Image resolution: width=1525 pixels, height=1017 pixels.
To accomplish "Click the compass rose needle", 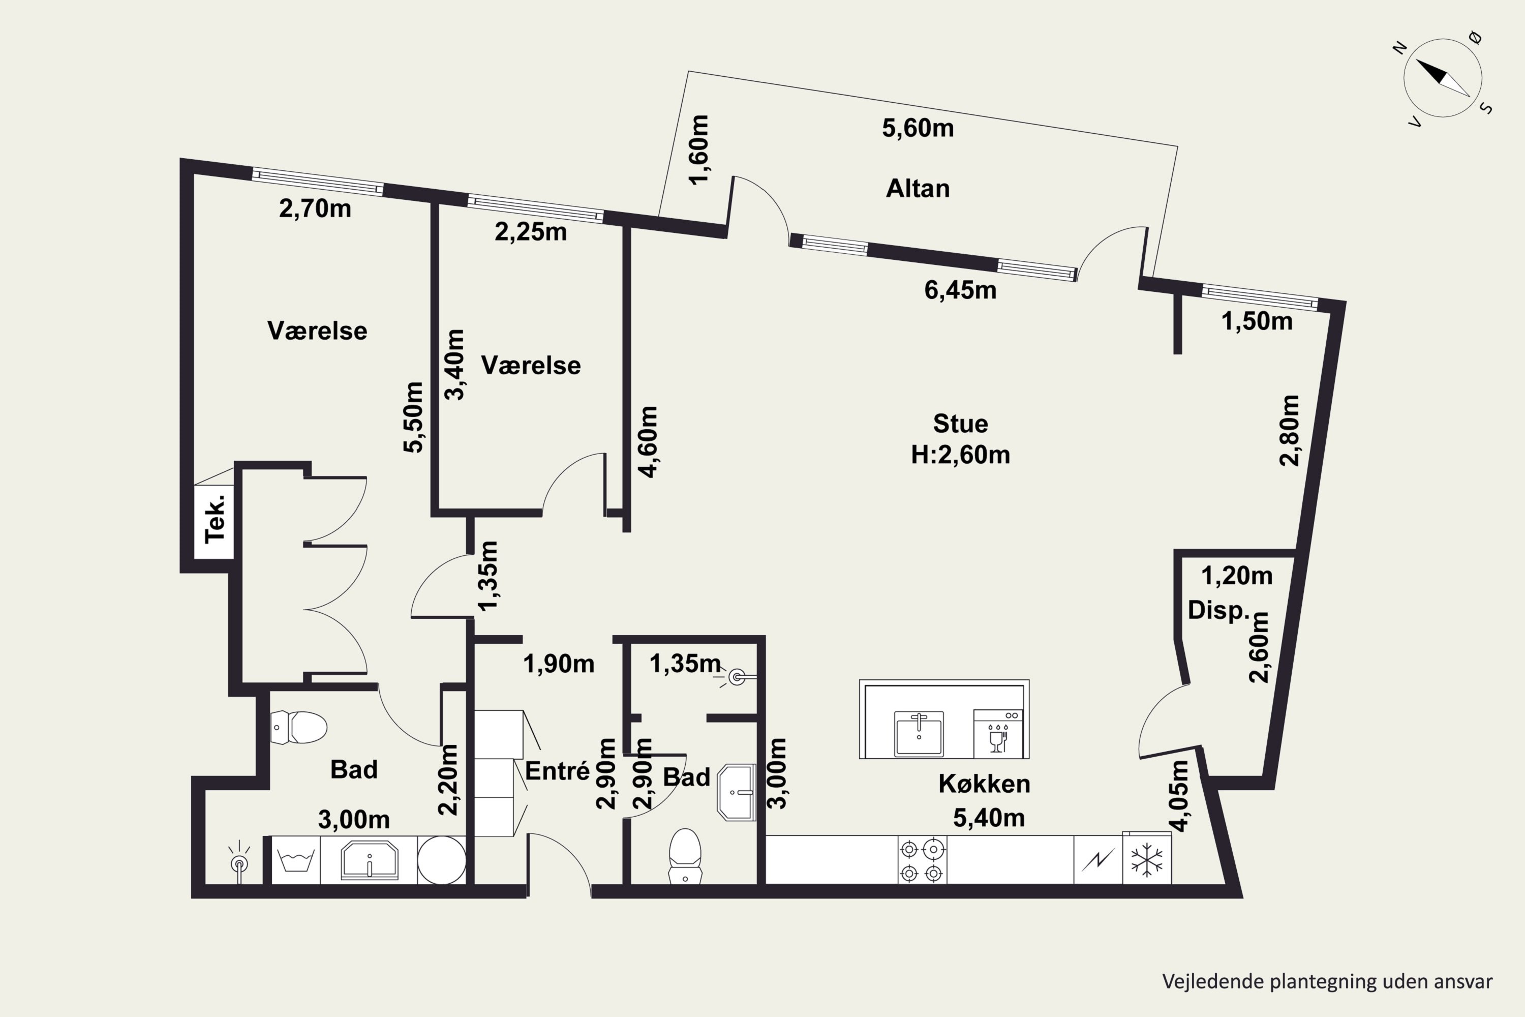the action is click(1442, 78).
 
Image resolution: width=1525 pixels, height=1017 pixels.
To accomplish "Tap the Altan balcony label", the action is click(918, 188).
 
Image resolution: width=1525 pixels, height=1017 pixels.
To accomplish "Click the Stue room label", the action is click(960, 424).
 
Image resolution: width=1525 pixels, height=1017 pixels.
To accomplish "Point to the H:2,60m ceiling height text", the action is click(960, 455).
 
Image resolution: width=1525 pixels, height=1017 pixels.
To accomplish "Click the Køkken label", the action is click(984, 784).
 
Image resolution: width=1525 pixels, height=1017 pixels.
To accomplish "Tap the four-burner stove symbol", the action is click(922, 859).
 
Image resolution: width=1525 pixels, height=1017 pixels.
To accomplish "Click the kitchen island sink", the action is click(919, 734).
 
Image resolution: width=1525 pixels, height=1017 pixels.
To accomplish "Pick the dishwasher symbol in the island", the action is click(998, 734).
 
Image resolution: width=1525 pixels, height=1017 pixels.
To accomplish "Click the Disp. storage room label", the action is click(1217, 610).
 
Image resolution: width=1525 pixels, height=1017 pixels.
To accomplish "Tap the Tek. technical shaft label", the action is click(215, 518).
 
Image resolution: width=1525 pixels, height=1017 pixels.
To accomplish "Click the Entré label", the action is click(557, 770).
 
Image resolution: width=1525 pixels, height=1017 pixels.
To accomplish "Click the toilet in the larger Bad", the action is click(298, 727).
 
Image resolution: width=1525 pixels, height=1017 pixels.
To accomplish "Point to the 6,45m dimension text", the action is click(960, 290).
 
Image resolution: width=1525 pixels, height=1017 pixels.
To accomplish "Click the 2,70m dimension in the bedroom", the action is click(315, 208).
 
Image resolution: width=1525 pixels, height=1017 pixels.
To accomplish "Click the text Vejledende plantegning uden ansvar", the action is click(1327, 981).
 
